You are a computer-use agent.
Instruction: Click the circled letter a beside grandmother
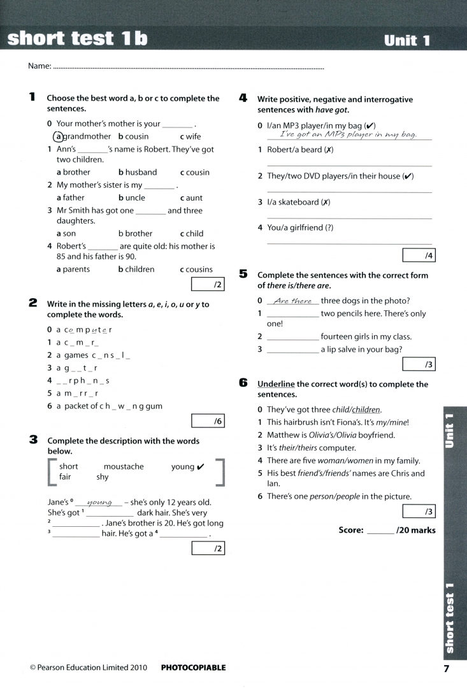[x=59, y=136]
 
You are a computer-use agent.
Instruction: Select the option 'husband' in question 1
[x=141, y=172]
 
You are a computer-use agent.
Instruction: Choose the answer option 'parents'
[x=76, y=269]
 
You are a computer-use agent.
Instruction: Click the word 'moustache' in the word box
[x=124, y=466]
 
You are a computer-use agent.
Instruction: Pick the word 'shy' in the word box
[x=103, y=477]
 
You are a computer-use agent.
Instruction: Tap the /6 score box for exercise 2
[x=208, y=421]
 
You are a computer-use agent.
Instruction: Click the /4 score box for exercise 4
[x=419, y=255]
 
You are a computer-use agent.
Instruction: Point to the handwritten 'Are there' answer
[x=292, y=301]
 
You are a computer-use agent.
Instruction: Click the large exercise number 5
[x=243, y=274]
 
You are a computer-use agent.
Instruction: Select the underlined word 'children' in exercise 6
[x=366, y=410]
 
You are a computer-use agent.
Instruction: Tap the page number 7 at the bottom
[x=446, y=668]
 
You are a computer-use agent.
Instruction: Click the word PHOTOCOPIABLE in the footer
[x=193, y=668]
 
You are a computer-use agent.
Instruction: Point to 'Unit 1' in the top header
[x=407, y=41]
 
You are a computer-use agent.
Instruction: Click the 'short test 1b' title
[x=77, y=39]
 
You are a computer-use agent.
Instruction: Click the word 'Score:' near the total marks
[x=351, y=530]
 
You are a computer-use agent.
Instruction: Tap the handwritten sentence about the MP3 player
[x=348, y=135]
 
